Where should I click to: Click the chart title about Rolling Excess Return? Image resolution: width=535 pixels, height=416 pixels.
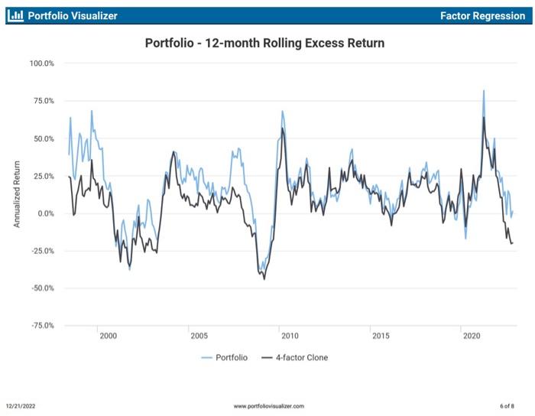264,44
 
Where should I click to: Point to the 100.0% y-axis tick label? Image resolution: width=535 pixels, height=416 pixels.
41,63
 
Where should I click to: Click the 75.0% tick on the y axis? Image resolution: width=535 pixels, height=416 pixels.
43,101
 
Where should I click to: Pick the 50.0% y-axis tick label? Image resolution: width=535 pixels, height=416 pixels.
43,138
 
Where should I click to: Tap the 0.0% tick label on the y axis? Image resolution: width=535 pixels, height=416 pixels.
44,213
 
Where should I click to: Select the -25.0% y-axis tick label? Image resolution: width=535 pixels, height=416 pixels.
42,251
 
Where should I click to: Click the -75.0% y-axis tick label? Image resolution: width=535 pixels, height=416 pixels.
42,326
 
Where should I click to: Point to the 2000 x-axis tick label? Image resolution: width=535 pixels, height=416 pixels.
108,336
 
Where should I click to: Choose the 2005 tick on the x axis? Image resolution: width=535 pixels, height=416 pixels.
199,336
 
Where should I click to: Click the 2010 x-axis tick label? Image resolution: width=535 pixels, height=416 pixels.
290,336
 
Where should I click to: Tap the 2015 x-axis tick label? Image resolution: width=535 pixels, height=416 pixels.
380,336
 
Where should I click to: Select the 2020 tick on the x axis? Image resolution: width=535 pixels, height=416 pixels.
471,336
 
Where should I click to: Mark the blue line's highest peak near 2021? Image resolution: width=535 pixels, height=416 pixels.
484,90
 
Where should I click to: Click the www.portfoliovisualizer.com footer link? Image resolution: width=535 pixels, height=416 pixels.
268,405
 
